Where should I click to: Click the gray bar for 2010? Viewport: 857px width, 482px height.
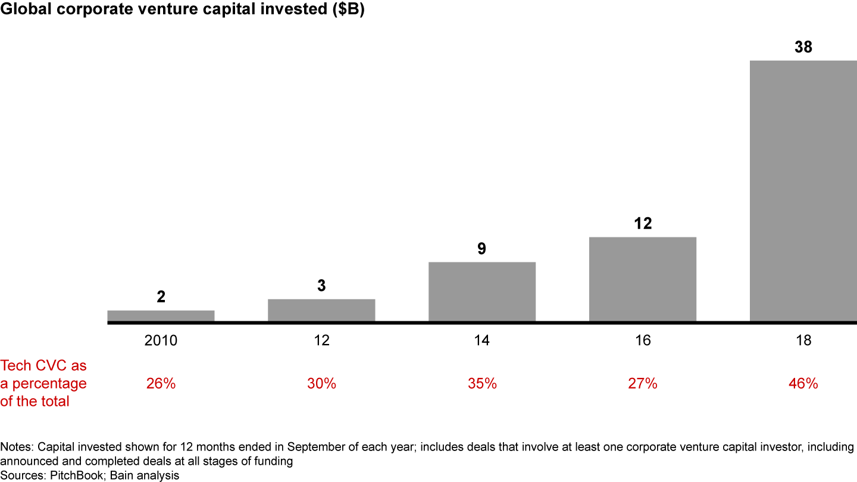[x=161, y=316]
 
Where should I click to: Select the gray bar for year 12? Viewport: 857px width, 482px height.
[x=321, y=310]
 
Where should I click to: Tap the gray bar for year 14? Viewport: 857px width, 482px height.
[x=482, y=292]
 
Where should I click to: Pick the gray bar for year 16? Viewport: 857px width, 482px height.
[x=643, y=279]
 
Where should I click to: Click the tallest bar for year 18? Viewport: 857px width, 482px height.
[x=803, y=190]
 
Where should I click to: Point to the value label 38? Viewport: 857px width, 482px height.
[x=803, y=48]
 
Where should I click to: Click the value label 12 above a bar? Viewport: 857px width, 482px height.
[x=643, y=224]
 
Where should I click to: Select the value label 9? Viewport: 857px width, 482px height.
[x=482, y=249]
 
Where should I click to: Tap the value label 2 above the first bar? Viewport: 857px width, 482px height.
[x=161, y=297]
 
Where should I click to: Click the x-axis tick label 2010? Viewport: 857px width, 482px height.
[x=161, y=341]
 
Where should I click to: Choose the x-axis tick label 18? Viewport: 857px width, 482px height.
[x=803, y=341]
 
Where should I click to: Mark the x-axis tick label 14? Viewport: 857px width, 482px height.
[x=482, y=341]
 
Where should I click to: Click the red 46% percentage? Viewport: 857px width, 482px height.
[x=803, y=384]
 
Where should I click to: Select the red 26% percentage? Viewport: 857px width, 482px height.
[x=161, y=384]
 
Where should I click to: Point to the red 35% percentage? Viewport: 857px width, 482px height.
[x=482, y=384]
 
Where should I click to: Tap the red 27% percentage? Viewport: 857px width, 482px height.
[x=643, y=384]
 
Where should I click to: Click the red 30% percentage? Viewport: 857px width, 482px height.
[x=321, y=384]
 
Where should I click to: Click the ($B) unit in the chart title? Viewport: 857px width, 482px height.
[x=347, y=11]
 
